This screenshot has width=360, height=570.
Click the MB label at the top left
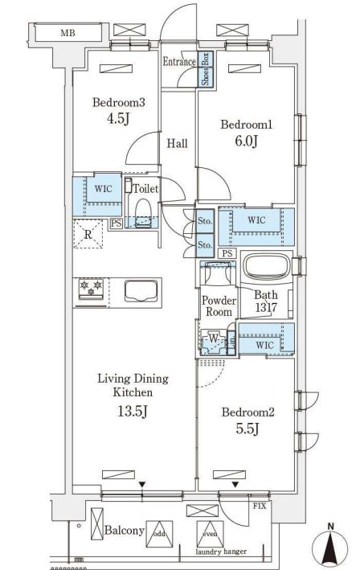point(67,34)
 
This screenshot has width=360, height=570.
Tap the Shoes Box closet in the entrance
point(205,69)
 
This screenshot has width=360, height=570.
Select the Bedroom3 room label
point(118,102)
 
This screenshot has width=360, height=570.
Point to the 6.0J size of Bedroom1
point(247,141)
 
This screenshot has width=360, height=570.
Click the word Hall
point(178,143)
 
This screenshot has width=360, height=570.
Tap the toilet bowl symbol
point(142,213)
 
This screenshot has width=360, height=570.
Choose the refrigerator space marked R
point(88,234)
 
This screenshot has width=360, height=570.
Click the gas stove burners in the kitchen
point(91,289)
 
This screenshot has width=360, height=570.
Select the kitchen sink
point(141,291)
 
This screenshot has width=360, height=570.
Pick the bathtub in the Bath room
point(267,266)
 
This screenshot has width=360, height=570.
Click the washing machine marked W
point(214,342)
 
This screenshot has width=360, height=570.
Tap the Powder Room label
point(219,306)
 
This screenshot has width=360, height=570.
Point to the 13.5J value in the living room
point(133,411)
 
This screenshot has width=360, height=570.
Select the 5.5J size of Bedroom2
point(247,429)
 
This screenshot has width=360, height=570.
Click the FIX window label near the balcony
point(260,506)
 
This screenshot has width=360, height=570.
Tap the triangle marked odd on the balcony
point(159,534)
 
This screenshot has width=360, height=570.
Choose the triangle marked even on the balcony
point(210,534)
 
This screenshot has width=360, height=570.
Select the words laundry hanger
point(221,552)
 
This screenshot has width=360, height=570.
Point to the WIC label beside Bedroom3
point(103,189)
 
